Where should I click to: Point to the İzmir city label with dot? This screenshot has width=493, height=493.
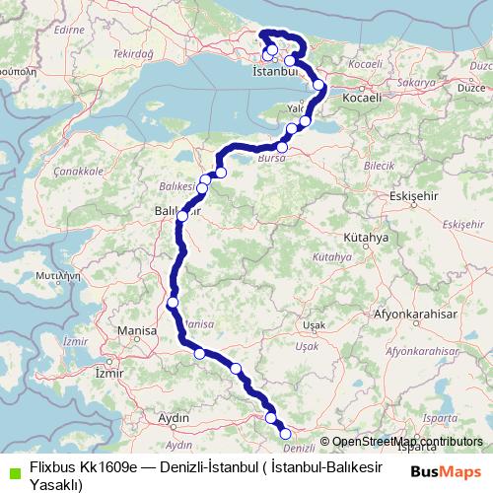[x=105, y=374]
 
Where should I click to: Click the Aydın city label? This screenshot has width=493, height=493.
[x=174, y=418]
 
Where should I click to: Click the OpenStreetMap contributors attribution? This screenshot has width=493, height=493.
[x=407, y=442]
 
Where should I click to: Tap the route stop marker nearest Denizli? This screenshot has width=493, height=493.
[x=286, y=433]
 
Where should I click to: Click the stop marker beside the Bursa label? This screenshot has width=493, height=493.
[x=282, y=148]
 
